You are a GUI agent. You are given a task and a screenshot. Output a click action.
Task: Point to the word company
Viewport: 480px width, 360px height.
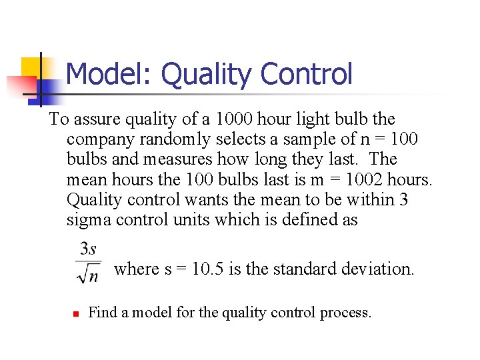click(99, 139)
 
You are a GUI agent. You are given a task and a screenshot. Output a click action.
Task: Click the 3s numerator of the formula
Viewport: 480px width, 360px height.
click(88, 249)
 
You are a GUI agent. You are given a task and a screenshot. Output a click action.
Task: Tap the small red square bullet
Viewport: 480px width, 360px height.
click(76, 313)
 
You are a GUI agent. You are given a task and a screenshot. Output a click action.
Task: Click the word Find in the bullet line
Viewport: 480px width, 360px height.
click(102, 312)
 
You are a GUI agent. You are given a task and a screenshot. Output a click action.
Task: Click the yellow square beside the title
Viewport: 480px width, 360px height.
click(32, 67)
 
